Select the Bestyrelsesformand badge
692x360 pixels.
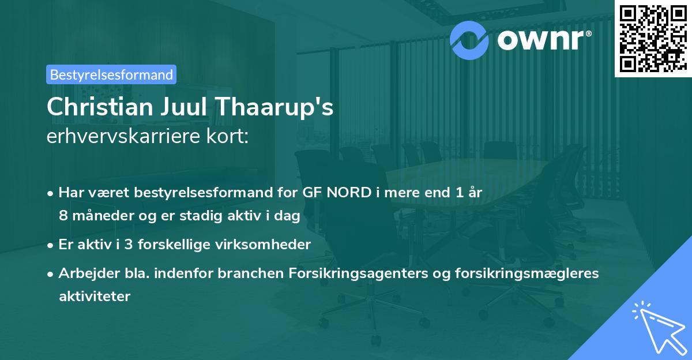[111, 74]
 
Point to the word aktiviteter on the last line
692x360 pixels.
[95, 296]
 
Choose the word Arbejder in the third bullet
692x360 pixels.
[84, 273]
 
